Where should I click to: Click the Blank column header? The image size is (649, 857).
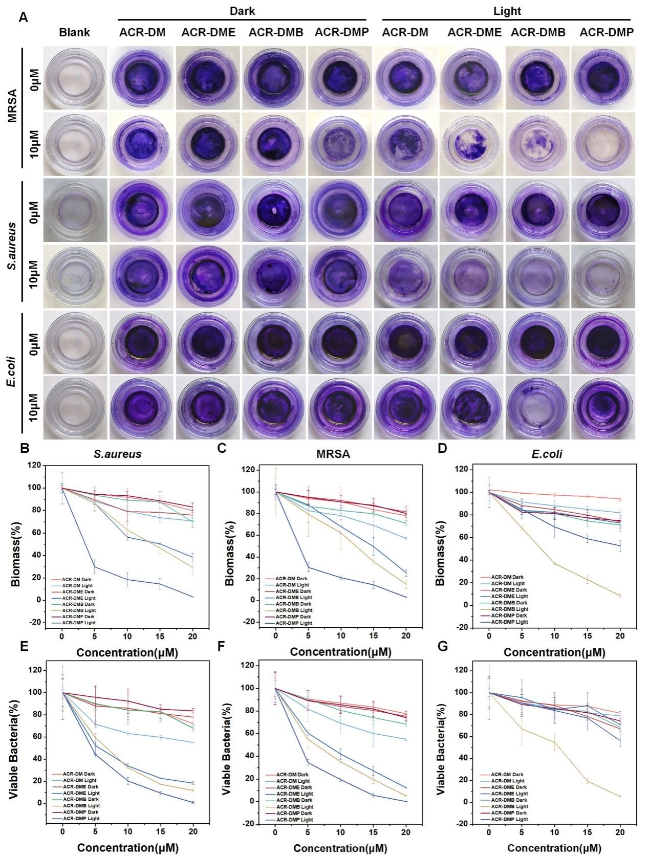(x=74, y=33)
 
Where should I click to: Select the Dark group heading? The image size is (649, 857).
(x=242, y=10)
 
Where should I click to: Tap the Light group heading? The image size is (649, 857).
(x=507, y=10)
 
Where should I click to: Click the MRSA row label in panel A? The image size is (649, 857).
(x=12, y=107)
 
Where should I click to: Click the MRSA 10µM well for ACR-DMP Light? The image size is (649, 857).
(x=603, y=143)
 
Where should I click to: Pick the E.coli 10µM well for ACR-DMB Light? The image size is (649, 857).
(x=537, y=408)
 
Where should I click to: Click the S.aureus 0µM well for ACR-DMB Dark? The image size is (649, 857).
(x=274, y=210)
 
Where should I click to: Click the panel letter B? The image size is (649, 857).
(x=23, y=449)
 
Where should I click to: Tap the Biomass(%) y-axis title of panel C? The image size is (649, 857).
(x=231, y=547)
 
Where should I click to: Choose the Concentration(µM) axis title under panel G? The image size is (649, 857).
(x=555, y=847)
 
